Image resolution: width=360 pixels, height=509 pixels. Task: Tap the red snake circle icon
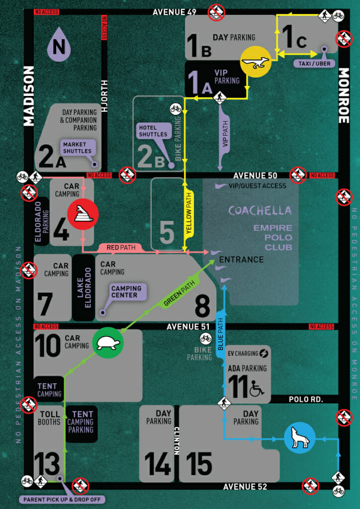pos(83,214)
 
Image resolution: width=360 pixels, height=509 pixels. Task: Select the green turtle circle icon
pos(108,342)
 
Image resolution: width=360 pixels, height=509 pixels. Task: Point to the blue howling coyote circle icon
pos(299,438)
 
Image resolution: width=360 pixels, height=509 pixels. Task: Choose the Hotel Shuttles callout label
pos(153,131)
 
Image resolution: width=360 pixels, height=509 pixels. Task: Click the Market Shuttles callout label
pos(78,148)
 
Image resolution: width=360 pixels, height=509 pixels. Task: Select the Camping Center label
pos(126,292)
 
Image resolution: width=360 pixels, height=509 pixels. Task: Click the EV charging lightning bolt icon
pos(265,353)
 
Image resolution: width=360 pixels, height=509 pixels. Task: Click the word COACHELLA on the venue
pos(260,210)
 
